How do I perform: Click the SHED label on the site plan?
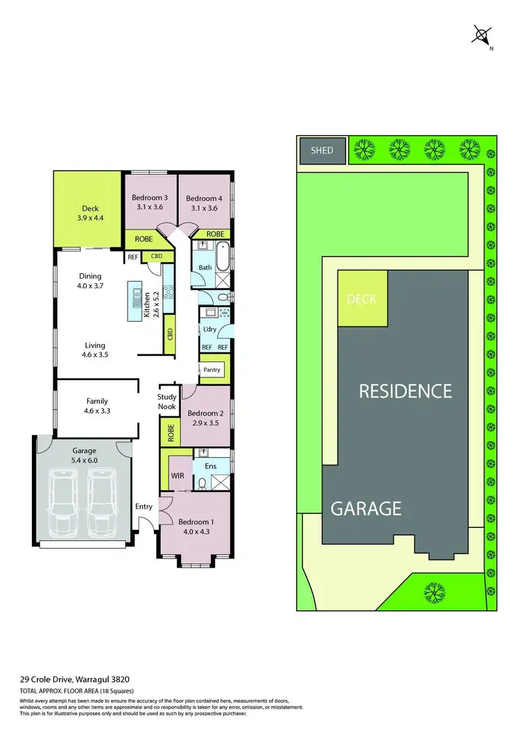(x=322, y=151)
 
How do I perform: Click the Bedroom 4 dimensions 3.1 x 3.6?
(x=204, y=207)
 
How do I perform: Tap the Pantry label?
(x=212, y=370)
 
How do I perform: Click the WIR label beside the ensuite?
(x=177, y=476)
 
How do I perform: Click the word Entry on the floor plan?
(x=144, y=506)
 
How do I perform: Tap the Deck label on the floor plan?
(x=90, y=208)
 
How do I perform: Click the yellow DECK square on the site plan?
(x=362, y=299)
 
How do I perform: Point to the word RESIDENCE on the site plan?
(x=405, y=391)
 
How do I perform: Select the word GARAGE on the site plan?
(x=365, y=508)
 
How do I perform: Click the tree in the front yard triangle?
(x=434, y=591)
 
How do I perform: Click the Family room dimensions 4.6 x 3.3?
(x=96, y=411)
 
